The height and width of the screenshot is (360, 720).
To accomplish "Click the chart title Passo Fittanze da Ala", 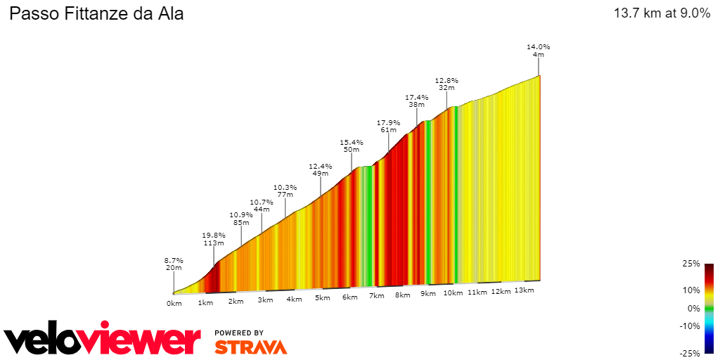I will [96, 13].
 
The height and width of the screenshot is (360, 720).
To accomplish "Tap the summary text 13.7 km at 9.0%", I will [662, 13].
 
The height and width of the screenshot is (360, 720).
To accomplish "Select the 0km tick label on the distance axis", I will [174, 304].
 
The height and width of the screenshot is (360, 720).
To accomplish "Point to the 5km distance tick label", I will [322, 298].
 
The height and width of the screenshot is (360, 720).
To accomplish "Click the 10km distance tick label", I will [454, 293].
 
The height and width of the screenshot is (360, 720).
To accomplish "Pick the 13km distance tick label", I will [524, 290].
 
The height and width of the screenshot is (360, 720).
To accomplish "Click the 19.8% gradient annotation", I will [214, 236].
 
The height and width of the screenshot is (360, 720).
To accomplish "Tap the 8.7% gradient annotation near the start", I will [174, 260].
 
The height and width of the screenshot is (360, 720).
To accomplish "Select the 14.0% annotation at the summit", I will [539, 47].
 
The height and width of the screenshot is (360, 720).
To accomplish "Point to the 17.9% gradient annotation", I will [389, 122].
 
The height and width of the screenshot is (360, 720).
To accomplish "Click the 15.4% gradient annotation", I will [352, 142].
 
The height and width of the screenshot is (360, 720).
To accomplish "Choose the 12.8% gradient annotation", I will [446, 81].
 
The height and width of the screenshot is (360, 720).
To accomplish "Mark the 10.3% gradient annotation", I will [285, 188].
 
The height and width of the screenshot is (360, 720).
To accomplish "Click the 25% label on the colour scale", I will [692, 264].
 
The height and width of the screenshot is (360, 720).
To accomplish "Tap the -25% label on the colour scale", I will [690, 353].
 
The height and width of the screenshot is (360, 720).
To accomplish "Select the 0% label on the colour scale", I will [693, 308].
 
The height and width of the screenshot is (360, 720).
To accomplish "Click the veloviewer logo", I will [103, 340].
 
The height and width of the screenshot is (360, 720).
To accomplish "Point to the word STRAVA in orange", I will [250, 347].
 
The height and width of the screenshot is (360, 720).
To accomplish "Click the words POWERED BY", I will [239, 333].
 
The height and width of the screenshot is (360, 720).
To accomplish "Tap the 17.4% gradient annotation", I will [417, 97].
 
